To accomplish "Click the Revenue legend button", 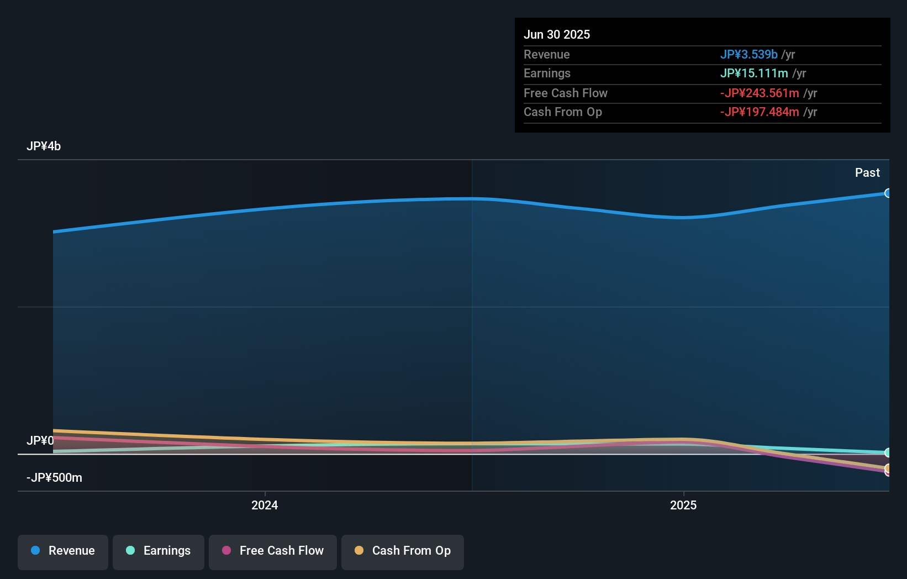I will [x=63, y=551].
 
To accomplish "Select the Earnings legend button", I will [x=159, y=551].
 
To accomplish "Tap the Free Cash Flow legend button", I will [x=273, y=551].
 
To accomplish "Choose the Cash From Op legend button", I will [x=403, y=551].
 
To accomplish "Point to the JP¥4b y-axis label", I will [x=44, y=146].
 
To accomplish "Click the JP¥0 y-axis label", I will [x=40, y=441].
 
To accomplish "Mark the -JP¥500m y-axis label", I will [x=54, y=478].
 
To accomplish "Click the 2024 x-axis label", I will [x=265, y=506].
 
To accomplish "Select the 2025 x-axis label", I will [x=683, y=506].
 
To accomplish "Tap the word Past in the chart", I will [x=867, y=173].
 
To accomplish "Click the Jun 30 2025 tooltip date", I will [x=557, y=35].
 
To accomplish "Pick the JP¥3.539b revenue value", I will [x=748, y=55].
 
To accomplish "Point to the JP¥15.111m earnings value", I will [x=754, y=73].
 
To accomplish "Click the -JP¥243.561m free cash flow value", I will [x=760, y=93].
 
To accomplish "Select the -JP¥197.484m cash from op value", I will [x=760, y=112].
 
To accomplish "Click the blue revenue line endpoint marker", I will [x=888, y=193].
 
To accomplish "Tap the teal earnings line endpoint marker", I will [x=888, y=452].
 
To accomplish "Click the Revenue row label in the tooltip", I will [x=546, y=55].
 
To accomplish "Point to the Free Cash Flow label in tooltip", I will [x=565, y=93].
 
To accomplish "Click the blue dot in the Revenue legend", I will [x=35, y=551].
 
